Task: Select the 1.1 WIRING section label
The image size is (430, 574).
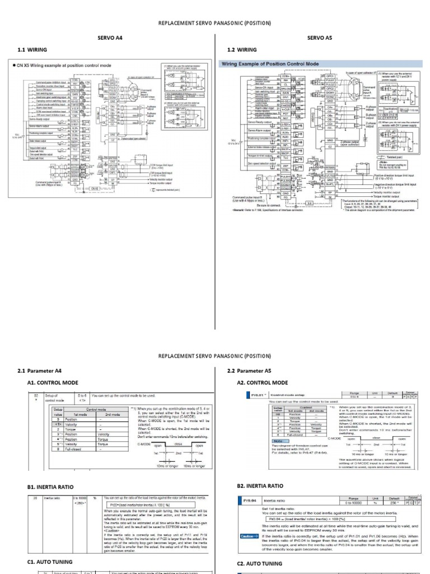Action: point(32,50)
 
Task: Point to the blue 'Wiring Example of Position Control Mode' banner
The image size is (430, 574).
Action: point(270,64)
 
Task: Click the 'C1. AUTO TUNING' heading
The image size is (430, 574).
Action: point(50,561)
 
